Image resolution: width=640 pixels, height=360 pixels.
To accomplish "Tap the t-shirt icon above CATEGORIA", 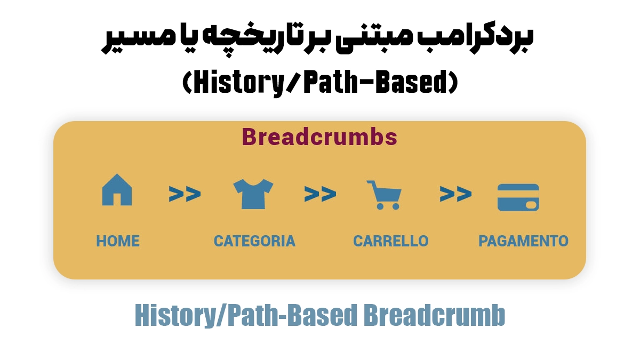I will (253, 194).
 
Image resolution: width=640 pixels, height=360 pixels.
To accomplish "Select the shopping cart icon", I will (383, 195).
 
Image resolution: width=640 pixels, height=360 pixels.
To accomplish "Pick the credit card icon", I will (518, 198).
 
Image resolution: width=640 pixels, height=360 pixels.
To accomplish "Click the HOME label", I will (118, 241).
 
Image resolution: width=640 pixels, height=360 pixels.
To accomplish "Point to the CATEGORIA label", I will (254, 241).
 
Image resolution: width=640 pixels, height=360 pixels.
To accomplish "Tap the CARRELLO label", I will (390, 241).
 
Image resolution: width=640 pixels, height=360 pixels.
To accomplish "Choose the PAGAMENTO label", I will (523, 241).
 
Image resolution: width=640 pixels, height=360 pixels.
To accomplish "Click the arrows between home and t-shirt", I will (185, 194).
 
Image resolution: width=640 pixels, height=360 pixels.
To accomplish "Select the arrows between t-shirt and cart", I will (320, 194).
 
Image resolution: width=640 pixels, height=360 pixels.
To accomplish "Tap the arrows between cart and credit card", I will (455, 194).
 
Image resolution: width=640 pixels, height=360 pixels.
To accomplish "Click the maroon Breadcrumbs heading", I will (319, 137).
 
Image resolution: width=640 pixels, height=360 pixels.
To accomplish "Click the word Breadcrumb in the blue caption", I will (434, 316).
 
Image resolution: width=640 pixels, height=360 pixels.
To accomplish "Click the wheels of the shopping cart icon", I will (387, 206).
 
